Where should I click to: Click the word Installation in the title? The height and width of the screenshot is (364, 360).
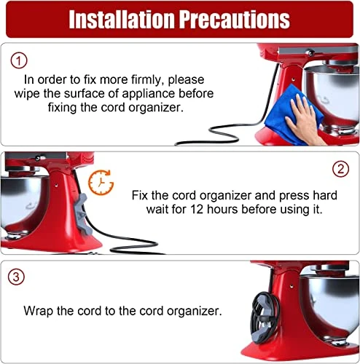[x=122, y=20]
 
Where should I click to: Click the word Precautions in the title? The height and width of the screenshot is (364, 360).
[x=235, y=20]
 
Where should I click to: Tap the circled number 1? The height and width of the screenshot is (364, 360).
[x=19, y=60]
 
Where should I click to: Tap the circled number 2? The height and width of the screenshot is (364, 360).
[x=340, y=169]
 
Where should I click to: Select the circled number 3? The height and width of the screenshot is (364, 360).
[x=16, y=277]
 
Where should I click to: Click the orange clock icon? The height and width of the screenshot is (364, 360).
[x=101, y=183]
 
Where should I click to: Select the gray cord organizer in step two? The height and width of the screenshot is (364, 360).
[x=84, y=214]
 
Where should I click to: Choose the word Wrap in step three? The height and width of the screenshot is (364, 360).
[x=38, y=311]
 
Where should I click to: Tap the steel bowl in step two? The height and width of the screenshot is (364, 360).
[x=24, y=202]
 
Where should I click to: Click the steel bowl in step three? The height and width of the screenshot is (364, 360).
[x=329, y=308]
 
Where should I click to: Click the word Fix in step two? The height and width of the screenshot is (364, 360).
[x=140, y=195]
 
